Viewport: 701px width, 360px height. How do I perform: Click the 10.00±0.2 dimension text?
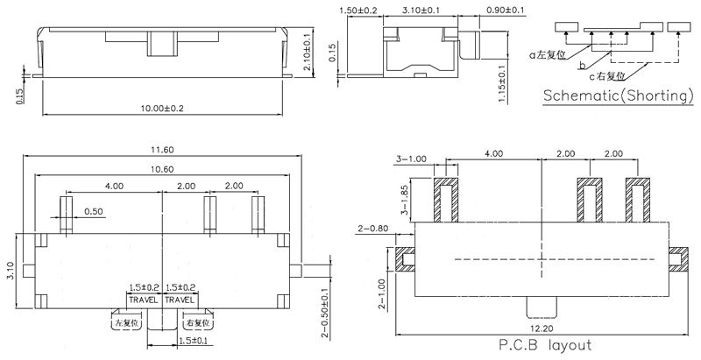pyautogui.click(x=162, y=107)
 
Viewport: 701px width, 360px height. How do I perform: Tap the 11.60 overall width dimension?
pyautogui.click(x=163, y=148)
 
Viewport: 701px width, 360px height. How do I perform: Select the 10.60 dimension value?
pyautogui.click(x=163, y=169)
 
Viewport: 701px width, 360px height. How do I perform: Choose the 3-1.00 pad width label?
pyautogui.click(x=411, y=159)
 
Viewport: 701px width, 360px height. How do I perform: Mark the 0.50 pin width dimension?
pyautogui.click(x=95, y=211)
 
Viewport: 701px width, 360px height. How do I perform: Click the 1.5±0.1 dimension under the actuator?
pyautogui.click(x=193, y=340)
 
